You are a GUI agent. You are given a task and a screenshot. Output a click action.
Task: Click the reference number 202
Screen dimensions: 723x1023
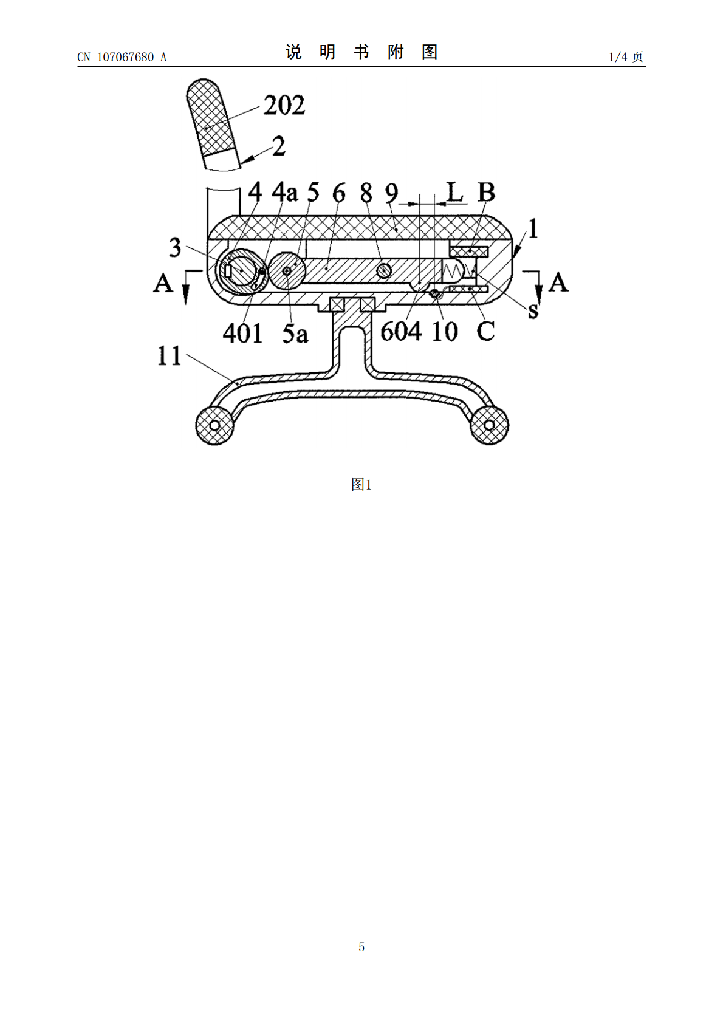[x=284, y=106]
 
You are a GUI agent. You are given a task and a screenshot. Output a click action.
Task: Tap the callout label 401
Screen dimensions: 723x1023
[x=242, y=334]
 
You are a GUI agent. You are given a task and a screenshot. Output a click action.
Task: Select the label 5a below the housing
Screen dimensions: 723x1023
[x=295, y=334]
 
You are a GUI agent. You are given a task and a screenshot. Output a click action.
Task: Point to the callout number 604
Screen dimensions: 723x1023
[x=400, y=332]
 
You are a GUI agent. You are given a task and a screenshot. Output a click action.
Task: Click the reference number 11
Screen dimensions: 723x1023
[x=170, y=356]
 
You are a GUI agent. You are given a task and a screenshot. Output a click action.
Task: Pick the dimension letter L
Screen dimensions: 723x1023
[x=454, y=192]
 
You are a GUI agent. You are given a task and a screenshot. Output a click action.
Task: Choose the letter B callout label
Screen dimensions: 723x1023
[x=487, y=193]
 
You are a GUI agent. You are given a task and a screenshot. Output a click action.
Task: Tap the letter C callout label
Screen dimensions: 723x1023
[x=485, y=331]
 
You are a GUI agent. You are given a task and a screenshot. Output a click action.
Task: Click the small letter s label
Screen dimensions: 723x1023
[x=533, y=311]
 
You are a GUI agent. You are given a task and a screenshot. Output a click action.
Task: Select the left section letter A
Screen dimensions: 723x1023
[x=163, y=282]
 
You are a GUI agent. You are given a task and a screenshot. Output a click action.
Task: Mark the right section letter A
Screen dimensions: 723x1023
[x=558, y=282]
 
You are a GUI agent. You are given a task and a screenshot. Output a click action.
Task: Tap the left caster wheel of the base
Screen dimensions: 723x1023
[x=214, y=425]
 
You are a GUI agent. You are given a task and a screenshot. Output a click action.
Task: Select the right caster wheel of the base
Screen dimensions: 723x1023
[x=488, y=425]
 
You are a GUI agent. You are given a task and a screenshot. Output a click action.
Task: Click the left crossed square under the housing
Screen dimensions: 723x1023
[x=337, y=304]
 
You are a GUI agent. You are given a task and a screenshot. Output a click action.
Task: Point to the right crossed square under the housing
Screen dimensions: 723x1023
[x=368, y=304]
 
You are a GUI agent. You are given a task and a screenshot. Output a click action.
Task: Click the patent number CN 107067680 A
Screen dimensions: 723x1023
[x=122, y=57]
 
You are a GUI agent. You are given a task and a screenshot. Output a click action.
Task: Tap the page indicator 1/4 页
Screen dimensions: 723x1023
[x=626, y=56]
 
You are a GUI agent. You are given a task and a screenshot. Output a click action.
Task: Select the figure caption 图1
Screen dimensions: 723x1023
[x=361, y=485]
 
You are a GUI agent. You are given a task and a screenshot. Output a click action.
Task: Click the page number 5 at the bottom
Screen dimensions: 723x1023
[x=361, y=947]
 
